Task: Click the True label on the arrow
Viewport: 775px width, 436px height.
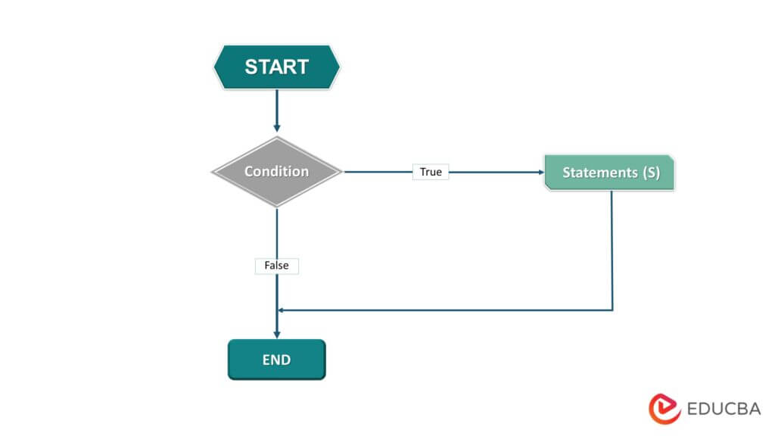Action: point(431,172)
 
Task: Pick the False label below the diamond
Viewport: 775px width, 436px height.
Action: point(277,266)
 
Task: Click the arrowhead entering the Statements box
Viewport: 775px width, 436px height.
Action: point(540,172)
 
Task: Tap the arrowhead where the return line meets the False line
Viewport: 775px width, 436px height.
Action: point(282,310)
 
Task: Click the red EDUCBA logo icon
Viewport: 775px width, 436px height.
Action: point(665,409)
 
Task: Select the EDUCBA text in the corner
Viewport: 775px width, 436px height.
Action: point(724,410)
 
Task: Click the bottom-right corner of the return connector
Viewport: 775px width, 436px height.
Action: point(612,310)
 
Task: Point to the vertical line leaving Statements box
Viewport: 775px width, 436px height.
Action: point(612,250)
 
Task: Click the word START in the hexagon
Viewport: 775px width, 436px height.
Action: point(277,67)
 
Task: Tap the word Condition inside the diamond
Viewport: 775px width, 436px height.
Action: point(276,172)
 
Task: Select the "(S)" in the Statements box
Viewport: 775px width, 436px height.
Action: point(651,173)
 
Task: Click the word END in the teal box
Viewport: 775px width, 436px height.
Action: point(276,360)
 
